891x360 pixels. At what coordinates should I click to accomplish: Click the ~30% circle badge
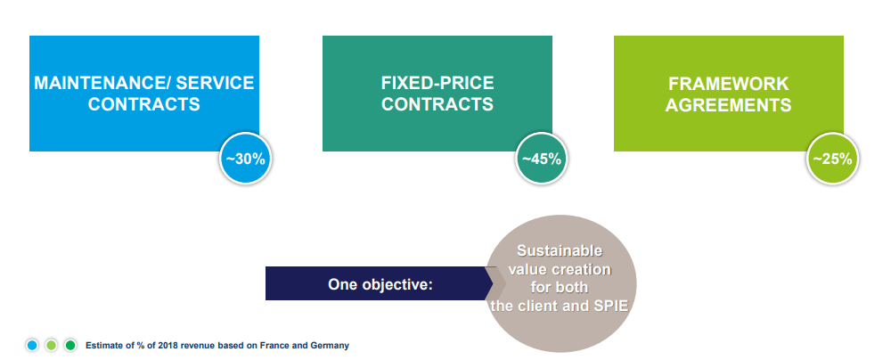coord(246,159)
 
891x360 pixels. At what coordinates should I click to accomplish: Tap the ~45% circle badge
coord(541,159)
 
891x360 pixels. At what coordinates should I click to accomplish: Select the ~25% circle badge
coord(832,160)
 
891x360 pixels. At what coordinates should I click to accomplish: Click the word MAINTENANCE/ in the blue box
coord(102,83)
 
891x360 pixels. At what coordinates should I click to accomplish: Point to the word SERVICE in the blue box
coord(215,83)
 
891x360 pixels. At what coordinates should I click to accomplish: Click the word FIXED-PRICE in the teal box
coord(437,83)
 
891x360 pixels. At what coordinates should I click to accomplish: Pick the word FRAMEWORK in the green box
coord(729,84)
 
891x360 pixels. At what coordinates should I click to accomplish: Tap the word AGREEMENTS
coord(729,105)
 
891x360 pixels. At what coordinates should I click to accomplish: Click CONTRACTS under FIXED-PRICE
coord(437,104)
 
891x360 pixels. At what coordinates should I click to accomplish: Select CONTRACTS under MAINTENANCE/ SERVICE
coord(143,104)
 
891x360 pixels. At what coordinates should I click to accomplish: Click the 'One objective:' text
coord(380,283)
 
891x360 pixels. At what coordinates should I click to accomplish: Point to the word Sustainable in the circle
coord(560,250)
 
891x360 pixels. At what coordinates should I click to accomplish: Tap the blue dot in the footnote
coord(32,345)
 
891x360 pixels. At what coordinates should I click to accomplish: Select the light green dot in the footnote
coord(51,345)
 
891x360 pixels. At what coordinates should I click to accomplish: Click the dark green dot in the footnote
coord(70,345)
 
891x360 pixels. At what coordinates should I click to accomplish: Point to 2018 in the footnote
coord(168,345)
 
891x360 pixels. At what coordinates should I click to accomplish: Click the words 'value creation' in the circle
coord(560,269)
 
